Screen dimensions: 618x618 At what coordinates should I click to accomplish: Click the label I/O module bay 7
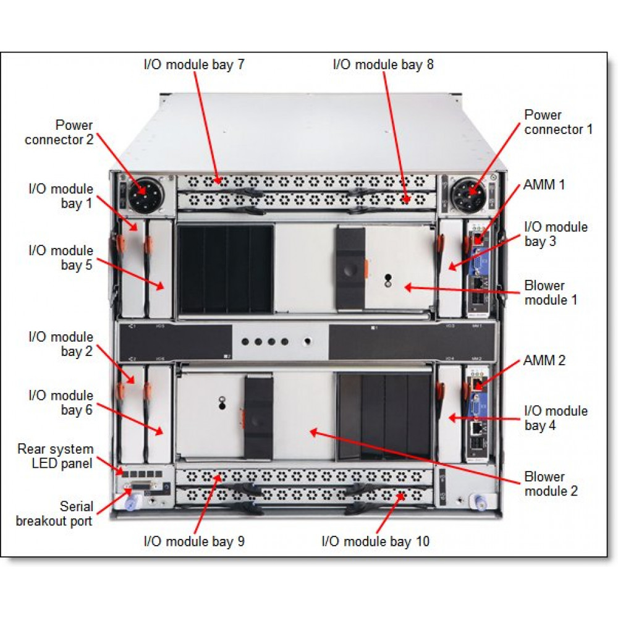(193, 65)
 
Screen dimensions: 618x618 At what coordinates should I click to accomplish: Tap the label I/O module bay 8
(383, 65)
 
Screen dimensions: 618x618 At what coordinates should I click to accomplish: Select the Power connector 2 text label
(59, 132)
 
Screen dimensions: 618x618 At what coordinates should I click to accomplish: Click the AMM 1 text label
(544, 184)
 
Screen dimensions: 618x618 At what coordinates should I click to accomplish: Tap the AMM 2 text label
(544, 360)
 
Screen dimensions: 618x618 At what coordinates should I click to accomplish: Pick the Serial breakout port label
(54, 514)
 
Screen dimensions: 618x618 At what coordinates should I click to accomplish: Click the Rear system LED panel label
(55, 456)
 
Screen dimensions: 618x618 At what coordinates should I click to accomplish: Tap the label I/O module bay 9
(194, 541)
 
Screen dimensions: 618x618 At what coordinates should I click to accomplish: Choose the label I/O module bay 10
(375, 541)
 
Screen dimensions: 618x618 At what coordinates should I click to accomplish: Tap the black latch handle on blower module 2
(258, 419)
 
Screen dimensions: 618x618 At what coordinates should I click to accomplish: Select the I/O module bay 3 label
(556, 234)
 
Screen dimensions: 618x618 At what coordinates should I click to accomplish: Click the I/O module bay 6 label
(61, 402)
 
